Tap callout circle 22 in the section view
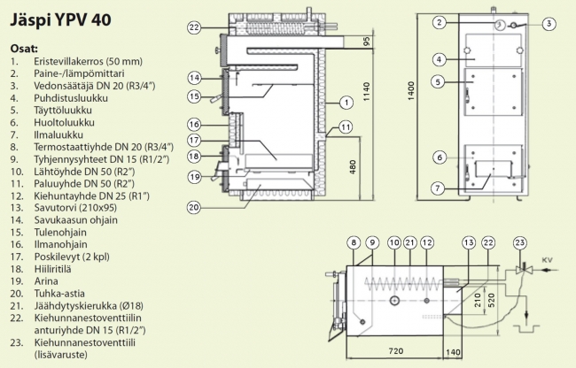[x=195, y=27]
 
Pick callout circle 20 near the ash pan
[x=195, y=208]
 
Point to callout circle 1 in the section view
[x=339, y=102]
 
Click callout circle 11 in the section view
[x=345, y=128]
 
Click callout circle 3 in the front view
[x=549, y=24]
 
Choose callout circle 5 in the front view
[x=438, y=82]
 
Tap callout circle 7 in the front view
[x=438, y=188]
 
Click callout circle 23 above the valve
[x=520, y=241]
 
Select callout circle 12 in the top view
[x=427, y=241]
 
